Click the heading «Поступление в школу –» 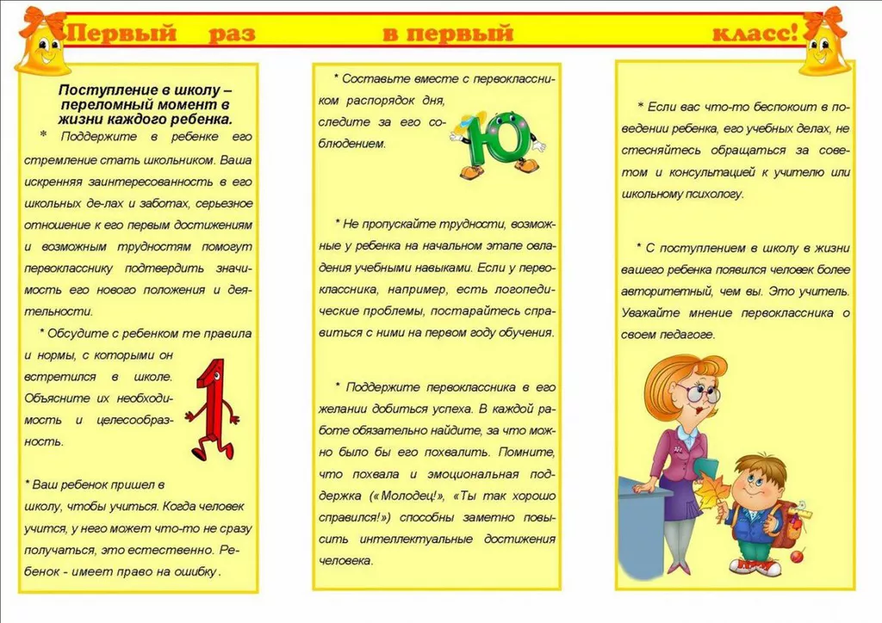146,90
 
